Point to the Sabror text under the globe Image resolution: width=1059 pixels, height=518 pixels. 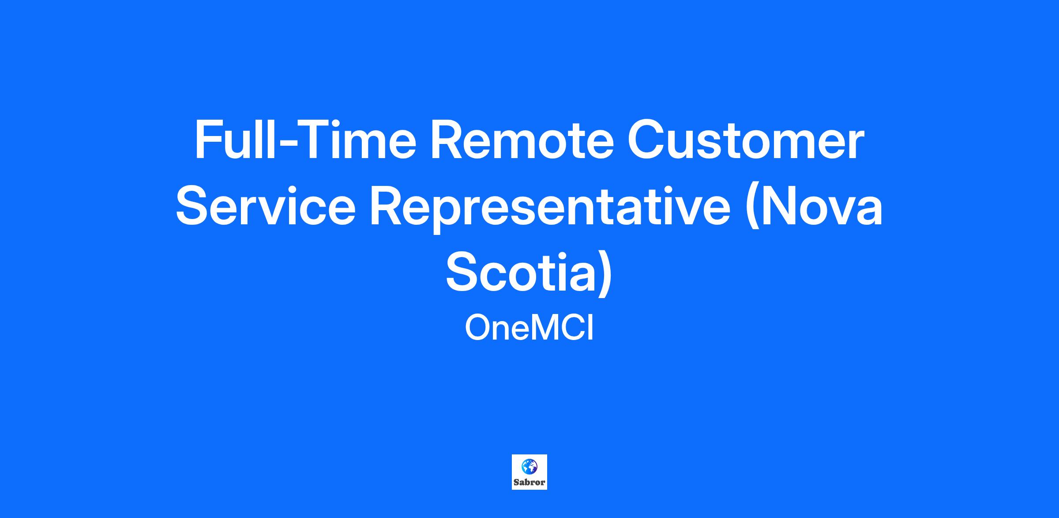pos(529,482)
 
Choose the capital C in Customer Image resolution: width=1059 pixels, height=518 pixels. pos(646,140)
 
